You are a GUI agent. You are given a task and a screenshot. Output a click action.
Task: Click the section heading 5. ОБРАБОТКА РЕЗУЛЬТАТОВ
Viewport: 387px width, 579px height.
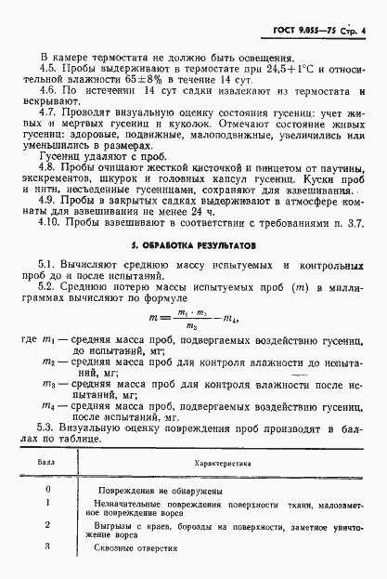coord(194,243)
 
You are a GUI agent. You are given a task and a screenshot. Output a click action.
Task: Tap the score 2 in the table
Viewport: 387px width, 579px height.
coord(46,524)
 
